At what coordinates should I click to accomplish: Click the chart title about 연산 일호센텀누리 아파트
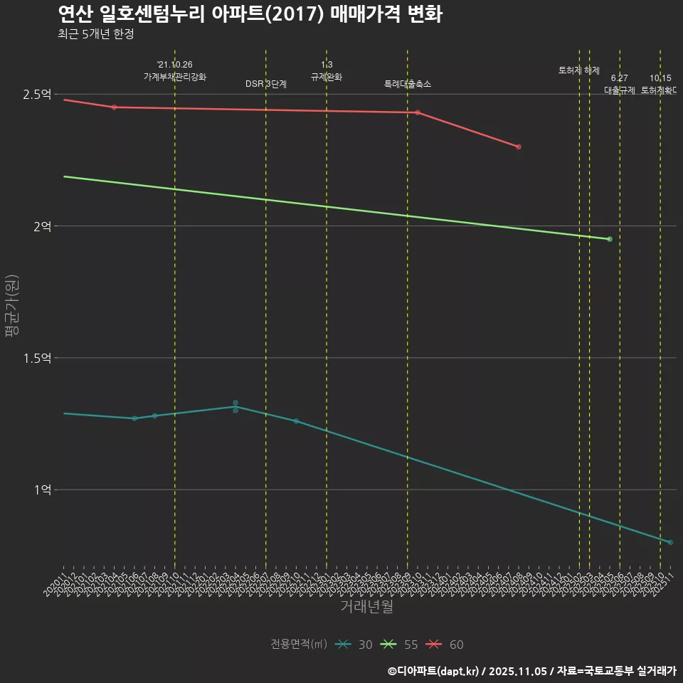pyautogui.click(x=250, y=14)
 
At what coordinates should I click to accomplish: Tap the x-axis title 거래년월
pyautogui.click(x=366, y=607)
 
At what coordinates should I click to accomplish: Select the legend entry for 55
pyautogui.click(x=400, y=645)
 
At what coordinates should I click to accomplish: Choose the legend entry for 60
pyautogui.click(x=445, y=645)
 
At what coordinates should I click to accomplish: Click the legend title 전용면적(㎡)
pyautogui.click(x=299, y=645)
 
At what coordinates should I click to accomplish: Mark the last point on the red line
pyautogui.click(x=519, y=147)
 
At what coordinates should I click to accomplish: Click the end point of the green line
pyautogui.click(x=610, y=239)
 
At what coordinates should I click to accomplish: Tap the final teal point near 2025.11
pyautogui.click(x=670, y=542)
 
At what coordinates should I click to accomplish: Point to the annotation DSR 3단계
pyautogui.click(x=266, y=84)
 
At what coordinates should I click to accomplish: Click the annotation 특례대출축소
pyautogui.click(x=408, y=84)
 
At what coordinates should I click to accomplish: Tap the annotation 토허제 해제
pyautogui.click(x=579, y=70)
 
